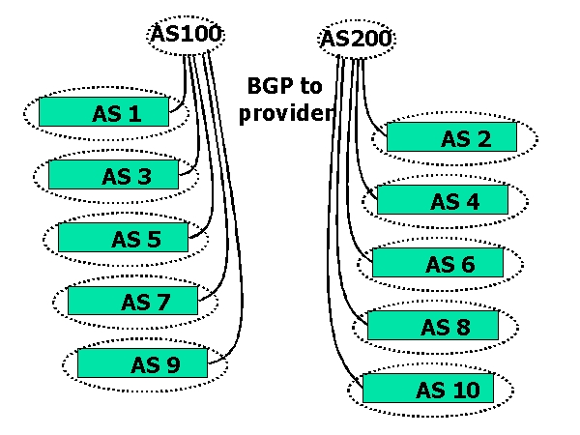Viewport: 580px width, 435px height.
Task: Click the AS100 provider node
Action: [187, 35]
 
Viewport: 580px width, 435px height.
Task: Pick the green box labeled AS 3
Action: [113, 175]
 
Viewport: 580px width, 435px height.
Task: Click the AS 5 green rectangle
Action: [123, 238]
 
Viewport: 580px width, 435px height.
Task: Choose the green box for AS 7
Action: [132, 301]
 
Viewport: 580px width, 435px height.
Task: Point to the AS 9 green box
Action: [142, 364]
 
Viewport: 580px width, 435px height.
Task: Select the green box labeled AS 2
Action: [451, 138]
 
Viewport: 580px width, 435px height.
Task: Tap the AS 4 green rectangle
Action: [442, 200]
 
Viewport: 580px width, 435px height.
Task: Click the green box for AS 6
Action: [437, 263]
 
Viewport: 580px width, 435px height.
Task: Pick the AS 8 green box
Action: [432, 326]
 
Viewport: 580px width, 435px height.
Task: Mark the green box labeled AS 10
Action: [427, 390]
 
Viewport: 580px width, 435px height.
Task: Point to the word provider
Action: [287, 111]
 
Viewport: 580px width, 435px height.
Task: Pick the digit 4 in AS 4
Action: [471, 201]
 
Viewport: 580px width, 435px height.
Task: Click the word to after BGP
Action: [309, 87]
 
